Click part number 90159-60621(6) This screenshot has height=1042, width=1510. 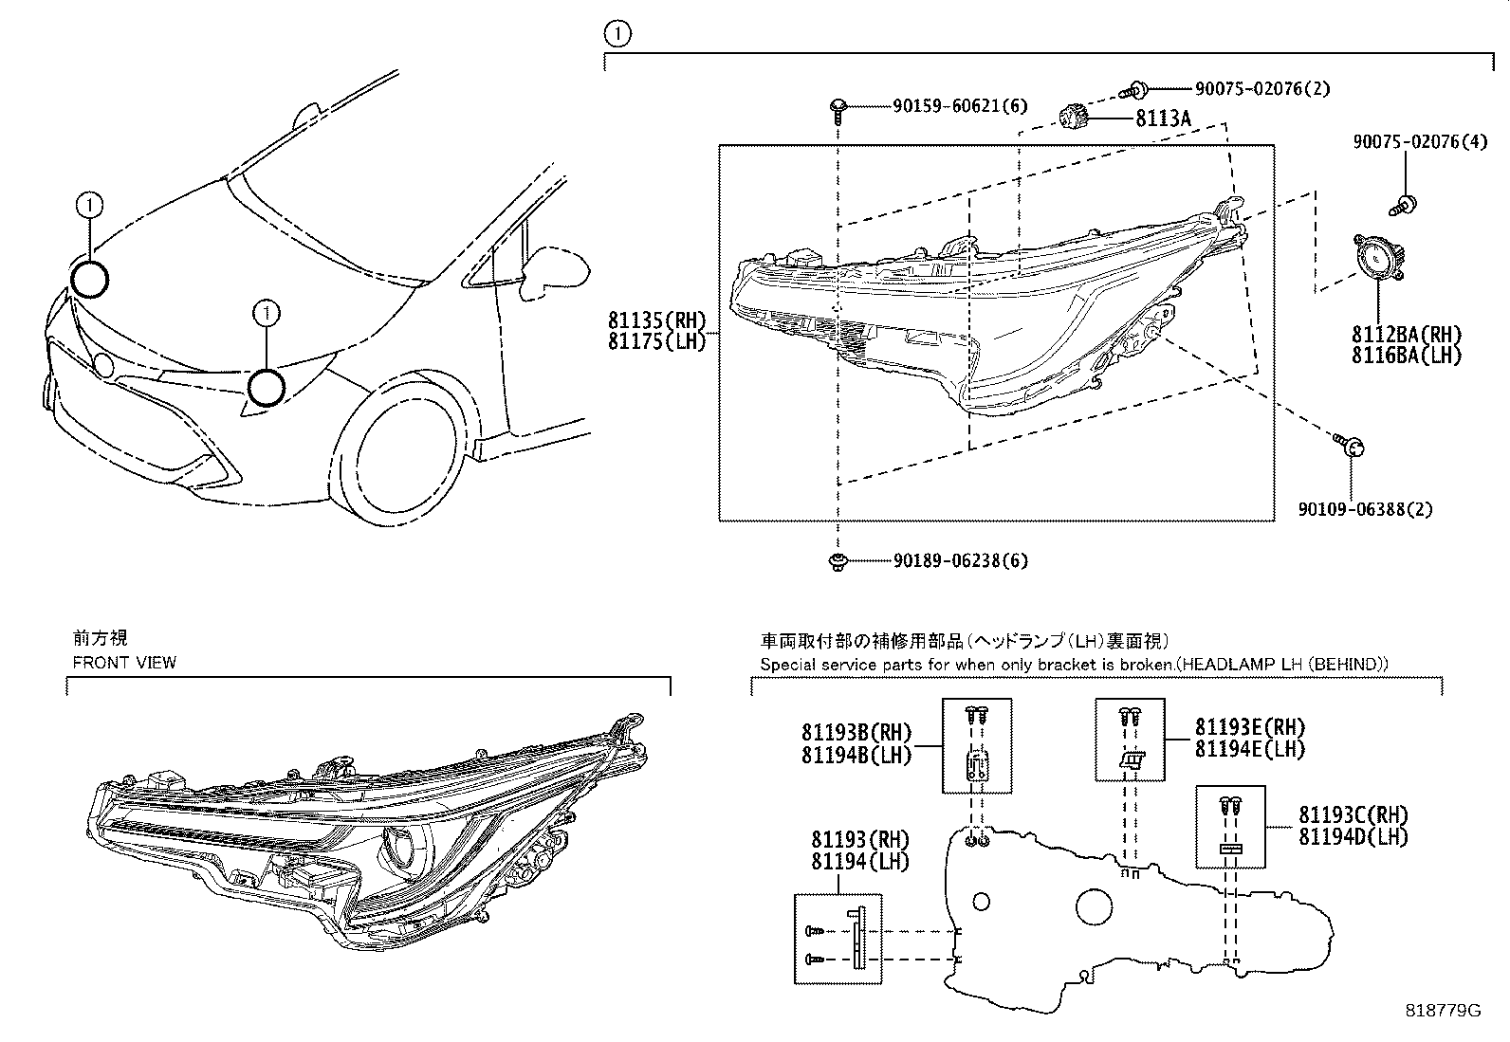click(960, 106)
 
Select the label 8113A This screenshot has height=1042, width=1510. click(1163, 119)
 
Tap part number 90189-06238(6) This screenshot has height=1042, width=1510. click(960, 560)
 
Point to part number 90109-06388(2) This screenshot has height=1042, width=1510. click(1366, 509)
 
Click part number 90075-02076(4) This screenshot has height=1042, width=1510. click(1420, 143)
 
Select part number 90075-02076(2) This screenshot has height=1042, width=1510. click(1261, 89)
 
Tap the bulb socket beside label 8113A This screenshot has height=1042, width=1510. click(1072, 118)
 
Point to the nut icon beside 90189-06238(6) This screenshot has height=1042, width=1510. click(838, 561)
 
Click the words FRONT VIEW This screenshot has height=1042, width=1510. click(124, 662)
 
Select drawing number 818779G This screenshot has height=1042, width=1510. click(1443, 1011)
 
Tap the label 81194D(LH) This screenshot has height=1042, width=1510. click(1353, 836)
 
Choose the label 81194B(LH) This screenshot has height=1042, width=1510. click(856, 755)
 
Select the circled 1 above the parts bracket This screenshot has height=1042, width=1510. click(617, 35)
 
